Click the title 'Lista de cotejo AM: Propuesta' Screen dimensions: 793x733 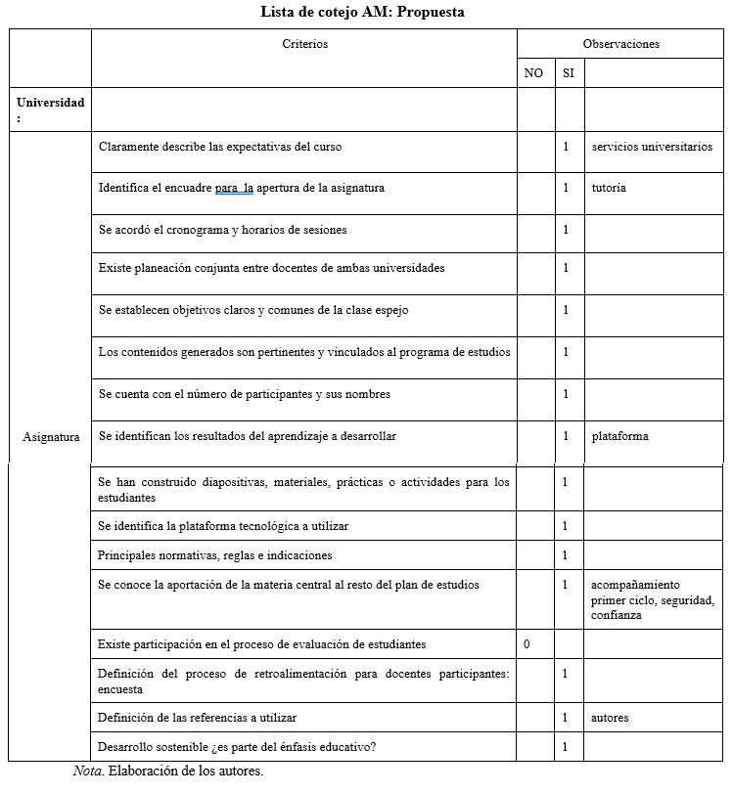[x=362, y=13]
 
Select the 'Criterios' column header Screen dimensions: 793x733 [x=304, y=44]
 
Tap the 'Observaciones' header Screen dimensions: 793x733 [x=620, y=44]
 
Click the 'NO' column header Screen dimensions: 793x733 [x=533, y=73]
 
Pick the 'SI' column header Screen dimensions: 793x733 [x=568, y=73]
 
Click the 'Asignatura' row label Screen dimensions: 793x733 [x=51, y=437]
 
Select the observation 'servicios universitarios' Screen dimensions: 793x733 [x=652, y=147]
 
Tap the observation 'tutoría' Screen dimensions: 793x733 [x=609, y=188]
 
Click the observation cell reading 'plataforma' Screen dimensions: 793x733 [x=619, y=436]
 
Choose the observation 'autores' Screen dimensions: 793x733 [x=610, y=718]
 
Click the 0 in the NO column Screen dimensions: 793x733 [x=527, y=644]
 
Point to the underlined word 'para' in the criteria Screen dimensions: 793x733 [x=227, y=188]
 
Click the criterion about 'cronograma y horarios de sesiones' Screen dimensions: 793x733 [x=222, y=230]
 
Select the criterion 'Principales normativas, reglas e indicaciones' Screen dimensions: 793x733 [x=214, y=555]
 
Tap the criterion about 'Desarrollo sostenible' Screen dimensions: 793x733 [x=236, y=747]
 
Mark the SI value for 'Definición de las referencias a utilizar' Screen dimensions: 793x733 [x=566, y=718]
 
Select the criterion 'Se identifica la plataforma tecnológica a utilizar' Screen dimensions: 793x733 [x=222, y=526]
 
